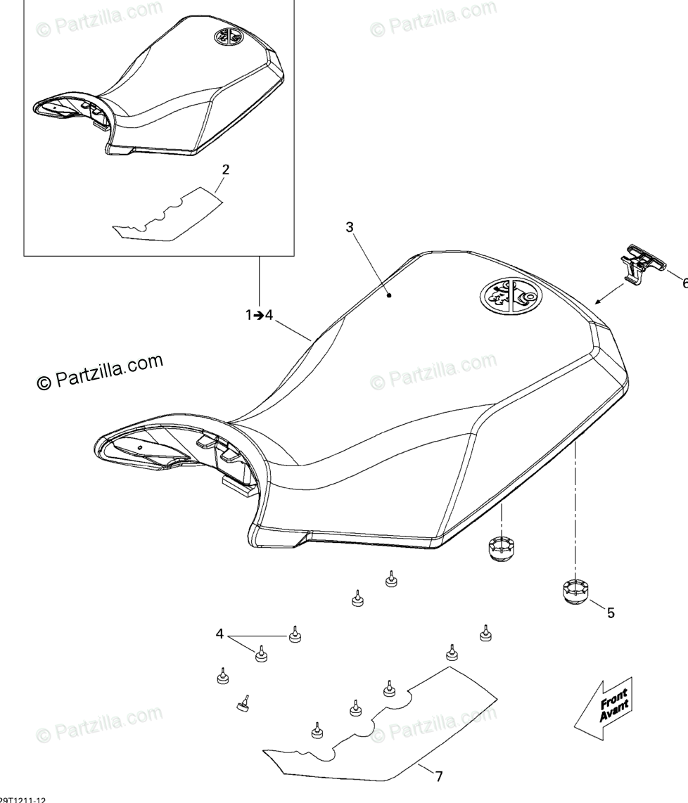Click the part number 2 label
click(225, 169)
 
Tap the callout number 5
click(610, 612)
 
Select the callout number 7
click(438, 776)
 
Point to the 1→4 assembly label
click(259, 316)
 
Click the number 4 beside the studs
click(219, 634)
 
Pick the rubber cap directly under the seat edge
click(500, 548)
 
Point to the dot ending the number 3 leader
click(388, 296)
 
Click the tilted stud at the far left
click(243, 702)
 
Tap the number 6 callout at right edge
click(683, 283)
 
